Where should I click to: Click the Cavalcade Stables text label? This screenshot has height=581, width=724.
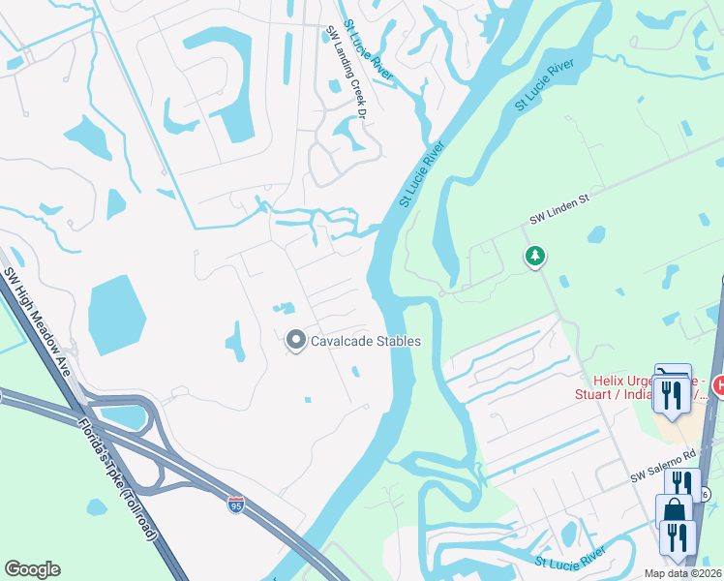pos(365,341)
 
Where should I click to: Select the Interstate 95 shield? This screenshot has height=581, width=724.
pos(236,505)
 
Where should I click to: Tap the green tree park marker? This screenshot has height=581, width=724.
pos(533,257)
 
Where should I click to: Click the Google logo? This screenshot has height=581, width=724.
pos(32,569)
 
